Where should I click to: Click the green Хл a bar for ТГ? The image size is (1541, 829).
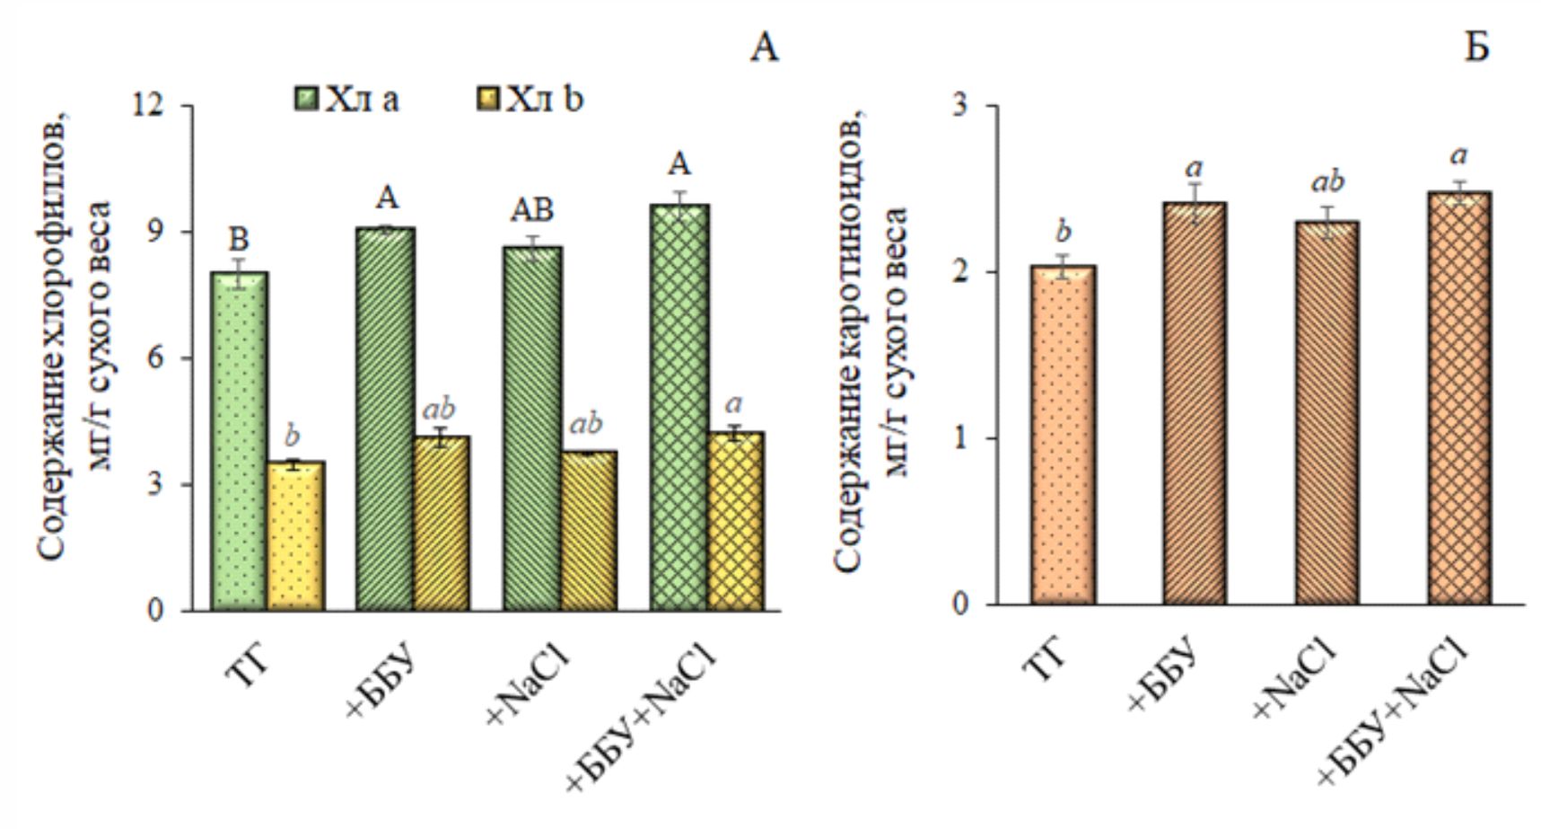241,440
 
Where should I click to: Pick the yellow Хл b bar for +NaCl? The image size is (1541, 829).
589,531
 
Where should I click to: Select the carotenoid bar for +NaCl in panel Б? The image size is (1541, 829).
1326,412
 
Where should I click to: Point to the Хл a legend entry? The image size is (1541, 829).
348,99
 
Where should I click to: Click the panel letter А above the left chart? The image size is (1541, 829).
764,47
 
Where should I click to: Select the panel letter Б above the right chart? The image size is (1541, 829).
1476,47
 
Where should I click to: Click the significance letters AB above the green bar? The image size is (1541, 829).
532,209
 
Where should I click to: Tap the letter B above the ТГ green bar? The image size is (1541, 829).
239,240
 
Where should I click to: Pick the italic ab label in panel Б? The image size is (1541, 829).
1327,182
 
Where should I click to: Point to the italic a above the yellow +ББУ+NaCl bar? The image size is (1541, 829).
734,403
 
